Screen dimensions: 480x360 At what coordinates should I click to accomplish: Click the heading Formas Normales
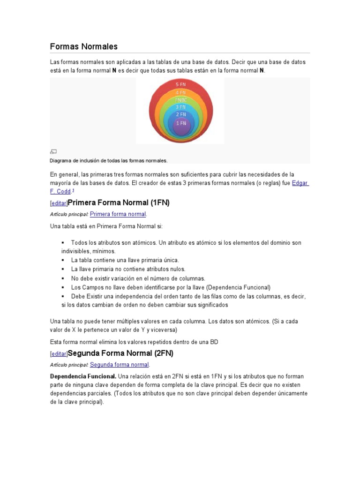pos(83,46)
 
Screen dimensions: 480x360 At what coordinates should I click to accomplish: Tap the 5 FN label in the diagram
pos(180,84)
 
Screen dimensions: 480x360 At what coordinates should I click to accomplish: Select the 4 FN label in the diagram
pos(180,92)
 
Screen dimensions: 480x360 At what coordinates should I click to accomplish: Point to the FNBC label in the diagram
pos(180,100)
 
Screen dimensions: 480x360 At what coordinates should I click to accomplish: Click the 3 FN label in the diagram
pos(180,107)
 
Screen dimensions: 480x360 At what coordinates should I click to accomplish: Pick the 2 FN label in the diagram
pos(180,114)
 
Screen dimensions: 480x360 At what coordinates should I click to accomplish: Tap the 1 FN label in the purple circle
pos(180,123)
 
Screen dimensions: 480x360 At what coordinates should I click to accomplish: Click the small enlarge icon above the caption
pos(53,151)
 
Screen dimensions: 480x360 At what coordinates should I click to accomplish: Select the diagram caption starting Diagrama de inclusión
pos(109,160)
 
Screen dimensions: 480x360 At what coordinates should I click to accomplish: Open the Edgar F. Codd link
pos(300,183)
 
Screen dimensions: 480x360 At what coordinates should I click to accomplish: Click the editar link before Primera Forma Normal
pos(59,203)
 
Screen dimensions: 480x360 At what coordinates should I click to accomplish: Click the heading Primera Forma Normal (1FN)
pos(119,202)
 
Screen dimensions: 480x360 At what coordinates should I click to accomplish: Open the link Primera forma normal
pos(118,214)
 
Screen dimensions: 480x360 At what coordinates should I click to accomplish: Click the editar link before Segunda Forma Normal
pos(59,353)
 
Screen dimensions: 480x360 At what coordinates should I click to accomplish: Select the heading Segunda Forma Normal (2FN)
pos(120,352)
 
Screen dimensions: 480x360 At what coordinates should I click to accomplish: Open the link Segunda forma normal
pos(119,365)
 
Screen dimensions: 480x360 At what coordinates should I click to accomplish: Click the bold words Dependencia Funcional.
pos(83,376)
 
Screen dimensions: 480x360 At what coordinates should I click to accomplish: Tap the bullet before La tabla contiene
pos(63,260)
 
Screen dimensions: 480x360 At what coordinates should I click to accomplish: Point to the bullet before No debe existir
pos(63,278)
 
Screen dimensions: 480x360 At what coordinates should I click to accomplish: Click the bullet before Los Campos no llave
pos(63,287)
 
